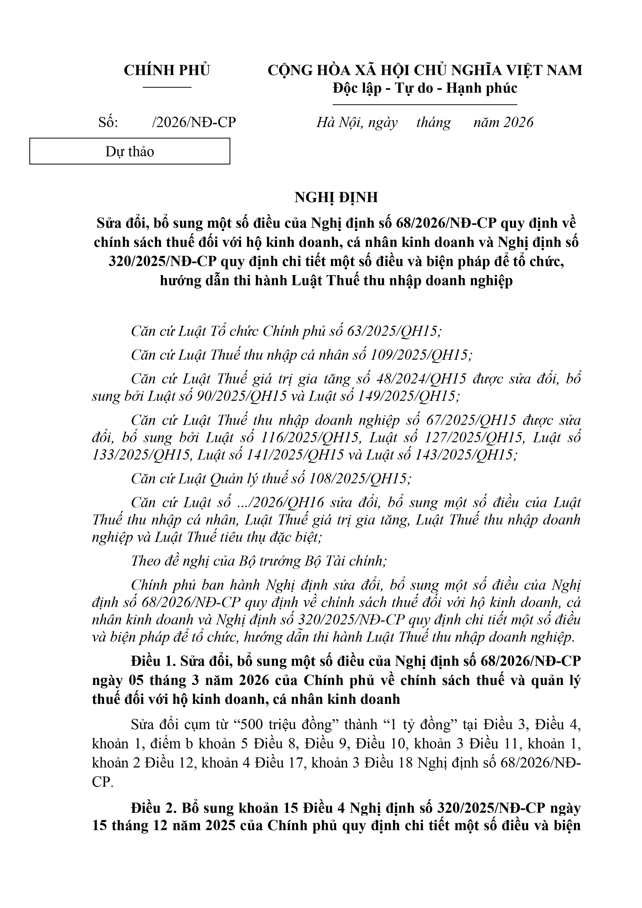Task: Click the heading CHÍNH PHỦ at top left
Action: coord(167,70)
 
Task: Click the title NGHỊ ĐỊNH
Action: coord(336,197)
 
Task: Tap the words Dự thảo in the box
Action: coord(130,151)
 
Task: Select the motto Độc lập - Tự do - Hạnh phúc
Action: coord(425,88)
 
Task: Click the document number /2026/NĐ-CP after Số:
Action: coord(194,123)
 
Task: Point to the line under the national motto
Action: coord(425,105)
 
